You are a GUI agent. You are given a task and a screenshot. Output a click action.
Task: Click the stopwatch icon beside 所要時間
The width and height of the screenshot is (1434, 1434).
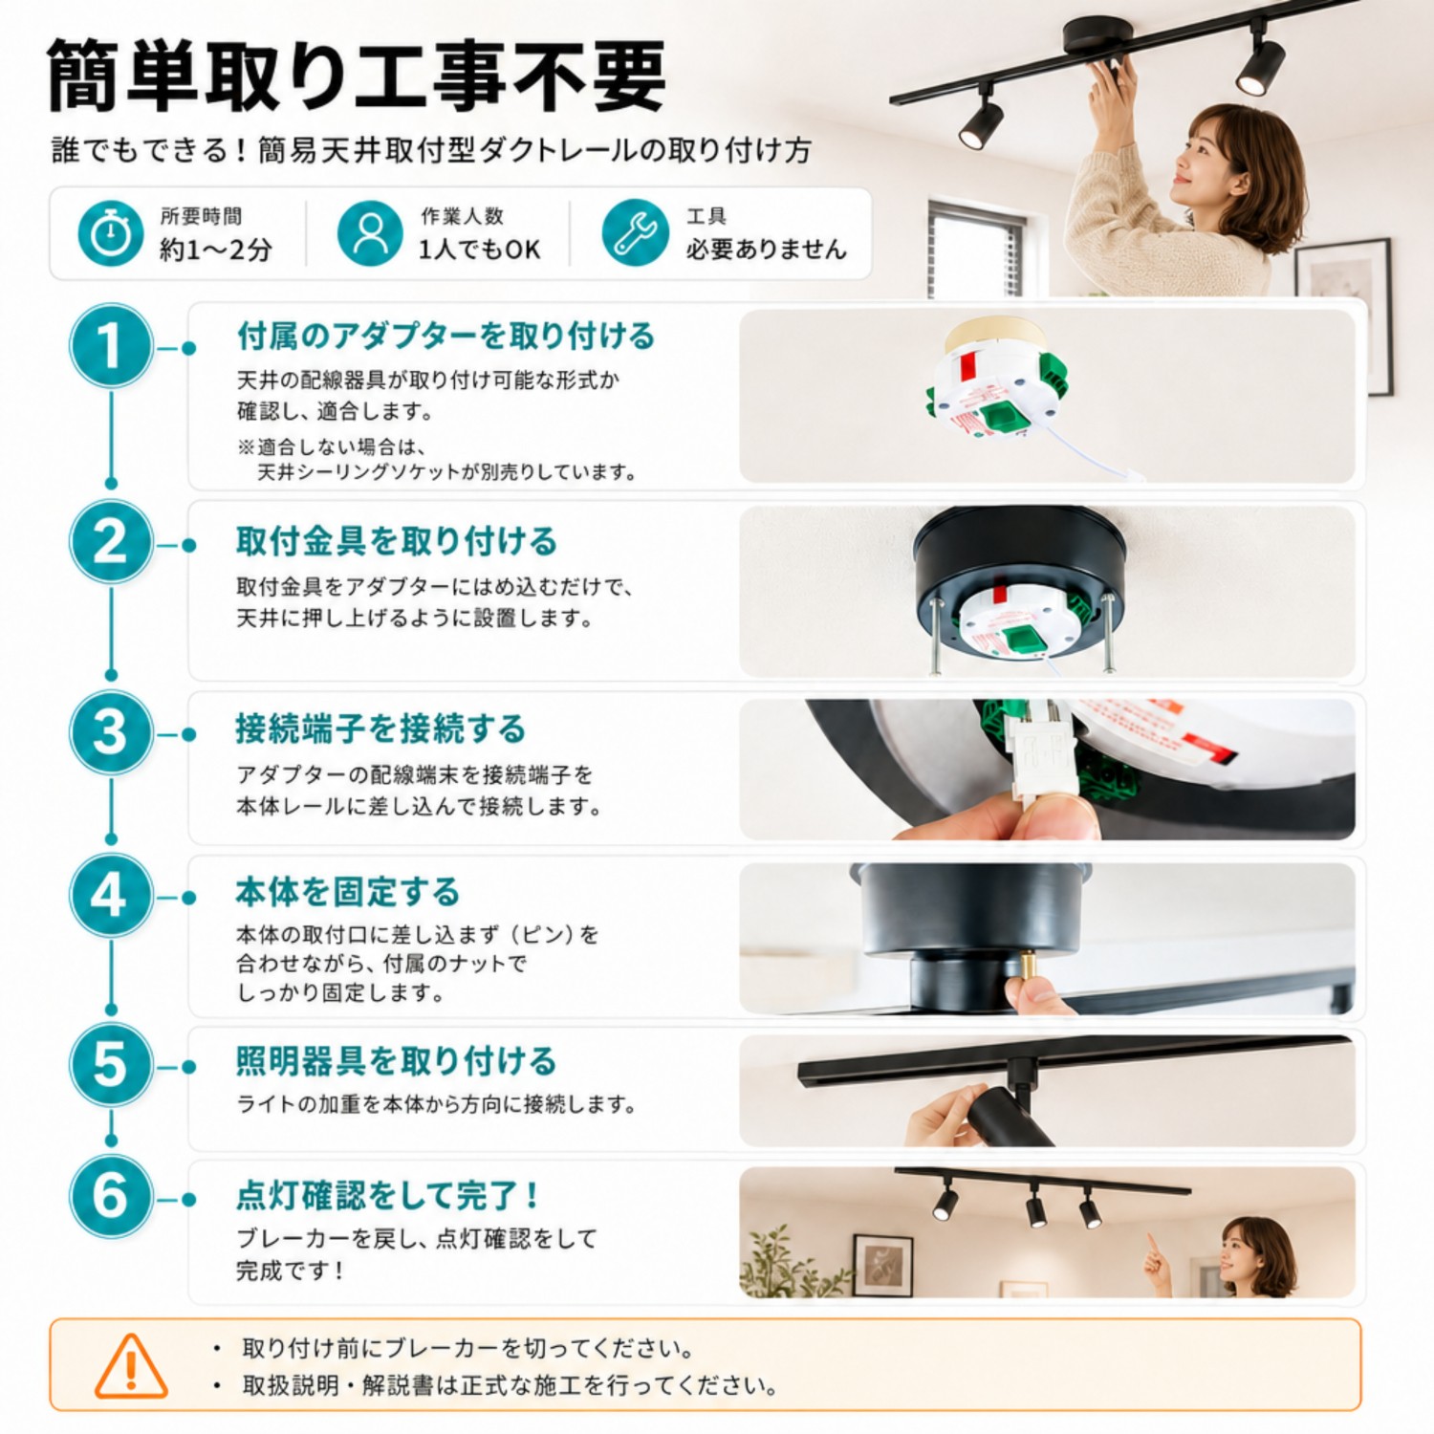pos(110,232)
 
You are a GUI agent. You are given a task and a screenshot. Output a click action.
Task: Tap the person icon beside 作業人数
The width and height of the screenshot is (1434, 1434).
pos(369,232)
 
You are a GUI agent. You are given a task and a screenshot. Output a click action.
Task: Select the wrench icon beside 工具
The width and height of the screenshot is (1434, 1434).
pos(635,232)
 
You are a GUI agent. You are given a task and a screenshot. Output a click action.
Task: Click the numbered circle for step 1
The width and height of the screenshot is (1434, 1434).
pos(111,346)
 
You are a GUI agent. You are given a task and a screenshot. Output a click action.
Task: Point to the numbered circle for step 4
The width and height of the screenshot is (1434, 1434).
pos(111,897)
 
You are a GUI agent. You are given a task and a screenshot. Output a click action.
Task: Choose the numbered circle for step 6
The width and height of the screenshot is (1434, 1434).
pos(111,1197)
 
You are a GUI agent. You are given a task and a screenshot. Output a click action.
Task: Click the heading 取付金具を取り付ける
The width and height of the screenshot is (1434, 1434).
pos(397,541)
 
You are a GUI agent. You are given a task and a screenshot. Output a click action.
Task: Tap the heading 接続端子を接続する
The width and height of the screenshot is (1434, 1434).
pos(380,728)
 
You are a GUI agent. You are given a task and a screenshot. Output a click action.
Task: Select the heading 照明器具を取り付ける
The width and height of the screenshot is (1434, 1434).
pos(397,1061)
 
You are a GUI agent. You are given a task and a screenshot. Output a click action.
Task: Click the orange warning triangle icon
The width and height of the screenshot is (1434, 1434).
pos(131,1366)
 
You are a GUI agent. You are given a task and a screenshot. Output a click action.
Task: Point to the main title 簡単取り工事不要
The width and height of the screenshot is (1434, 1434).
pos(356,76)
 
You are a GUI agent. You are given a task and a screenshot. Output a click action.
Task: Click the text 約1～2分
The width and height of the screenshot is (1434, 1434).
pos(215,250)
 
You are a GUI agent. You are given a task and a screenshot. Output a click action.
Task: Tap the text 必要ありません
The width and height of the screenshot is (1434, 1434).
pos(766,250)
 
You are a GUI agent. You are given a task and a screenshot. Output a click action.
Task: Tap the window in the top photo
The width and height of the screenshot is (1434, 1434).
pos(976,250)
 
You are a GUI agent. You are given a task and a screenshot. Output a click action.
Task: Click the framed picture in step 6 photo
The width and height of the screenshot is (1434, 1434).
pos(882,1265)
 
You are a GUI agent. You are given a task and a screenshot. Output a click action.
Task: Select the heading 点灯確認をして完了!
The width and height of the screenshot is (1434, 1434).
pos(387,1195)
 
